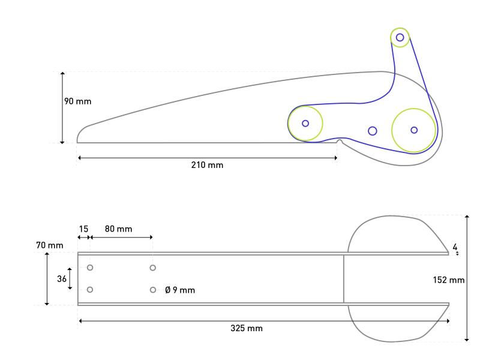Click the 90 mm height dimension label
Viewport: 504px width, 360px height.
pyautogui.click(x=78, y=101)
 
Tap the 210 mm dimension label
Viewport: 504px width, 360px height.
pyautogui.click(x=207, y=165)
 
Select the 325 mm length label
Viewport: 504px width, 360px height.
pyautogui.click(x=247, y=328)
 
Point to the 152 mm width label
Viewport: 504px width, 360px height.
pyautogui.click(x=449, y=280)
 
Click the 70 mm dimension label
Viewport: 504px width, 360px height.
pyautogui.click(x=49, y=245)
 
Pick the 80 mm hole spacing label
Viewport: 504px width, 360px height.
pyautogui.click(x=118, y=229)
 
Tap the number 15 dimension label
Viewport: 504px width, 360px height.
pyautogui.click(x=83, y=229)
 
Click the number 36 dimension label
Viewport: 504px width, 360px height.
pyautogui.click(x=62, y=278)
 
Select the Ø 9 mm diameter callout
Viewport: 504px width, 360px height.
pyautogui.click(x=180, y=290)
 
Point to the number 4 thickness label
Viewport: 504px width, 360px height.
pyautogui.click(x=455, y=247)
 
